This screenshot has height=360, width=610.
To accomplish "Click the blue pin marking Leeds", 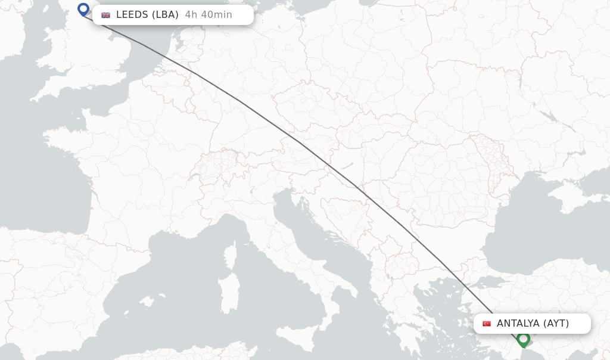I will point(83,9).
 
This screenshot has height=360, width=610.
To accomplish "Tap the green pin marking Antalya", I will point(523,339).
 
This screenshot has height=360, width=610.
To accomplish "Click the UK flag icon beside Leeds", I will point(105,15).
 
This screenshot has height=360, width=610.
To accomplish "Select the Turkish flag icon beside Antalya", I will point(487,324).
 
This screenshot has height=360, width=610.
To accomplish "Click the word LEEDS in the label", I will point(132,15).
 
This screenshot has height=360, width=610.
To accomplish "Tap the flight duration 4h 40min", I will point(208,15).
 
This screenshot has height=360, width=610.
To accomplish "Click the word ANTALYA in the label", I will point(518,324).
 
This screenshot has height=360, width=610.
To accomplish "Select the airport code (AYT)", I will point(556,324).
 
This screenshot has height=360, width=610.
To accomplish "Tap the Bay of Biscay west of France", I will point(54,191).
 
